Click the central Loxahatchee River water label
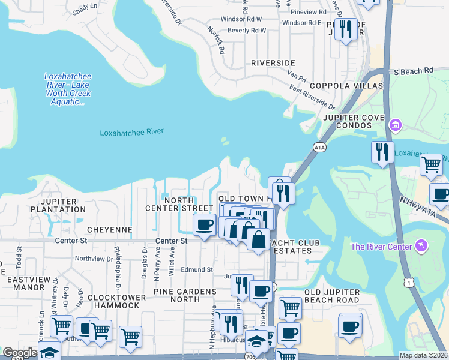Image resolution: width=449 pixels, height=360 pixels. pyautogui.click(x=131, y=132)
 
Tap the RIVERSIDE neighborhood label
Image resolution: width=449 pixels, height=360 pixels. pyautogui.click(x=273, y=63)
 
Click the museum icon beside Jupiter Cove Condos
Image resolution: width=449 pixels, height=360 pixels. pyautogui.click(x=395, y=125)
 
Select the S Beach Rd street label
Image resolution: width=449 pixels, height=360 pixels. pyautogui.click(x=413, y=71)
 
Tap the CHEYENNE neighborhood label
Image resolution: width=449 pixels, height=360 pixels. pyautogui.click(x=109, y=230)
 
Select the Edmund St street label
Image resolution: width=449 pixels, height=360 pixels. pyautogui.click(x=197, y=270)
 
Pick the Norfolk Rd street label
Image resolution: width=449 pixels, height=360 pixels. pyautogui.click(x=216, y=40)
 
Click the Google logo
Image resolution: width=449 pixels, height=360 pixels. pyautogui.click(x=19, y=353)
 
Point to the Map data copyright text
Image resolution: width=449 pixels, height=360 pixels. pyautogui.click(x=423, y=355)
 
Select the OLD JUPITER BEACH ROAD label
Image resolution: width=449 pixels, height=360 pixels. pyautogui.click(x=331, y=296)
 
